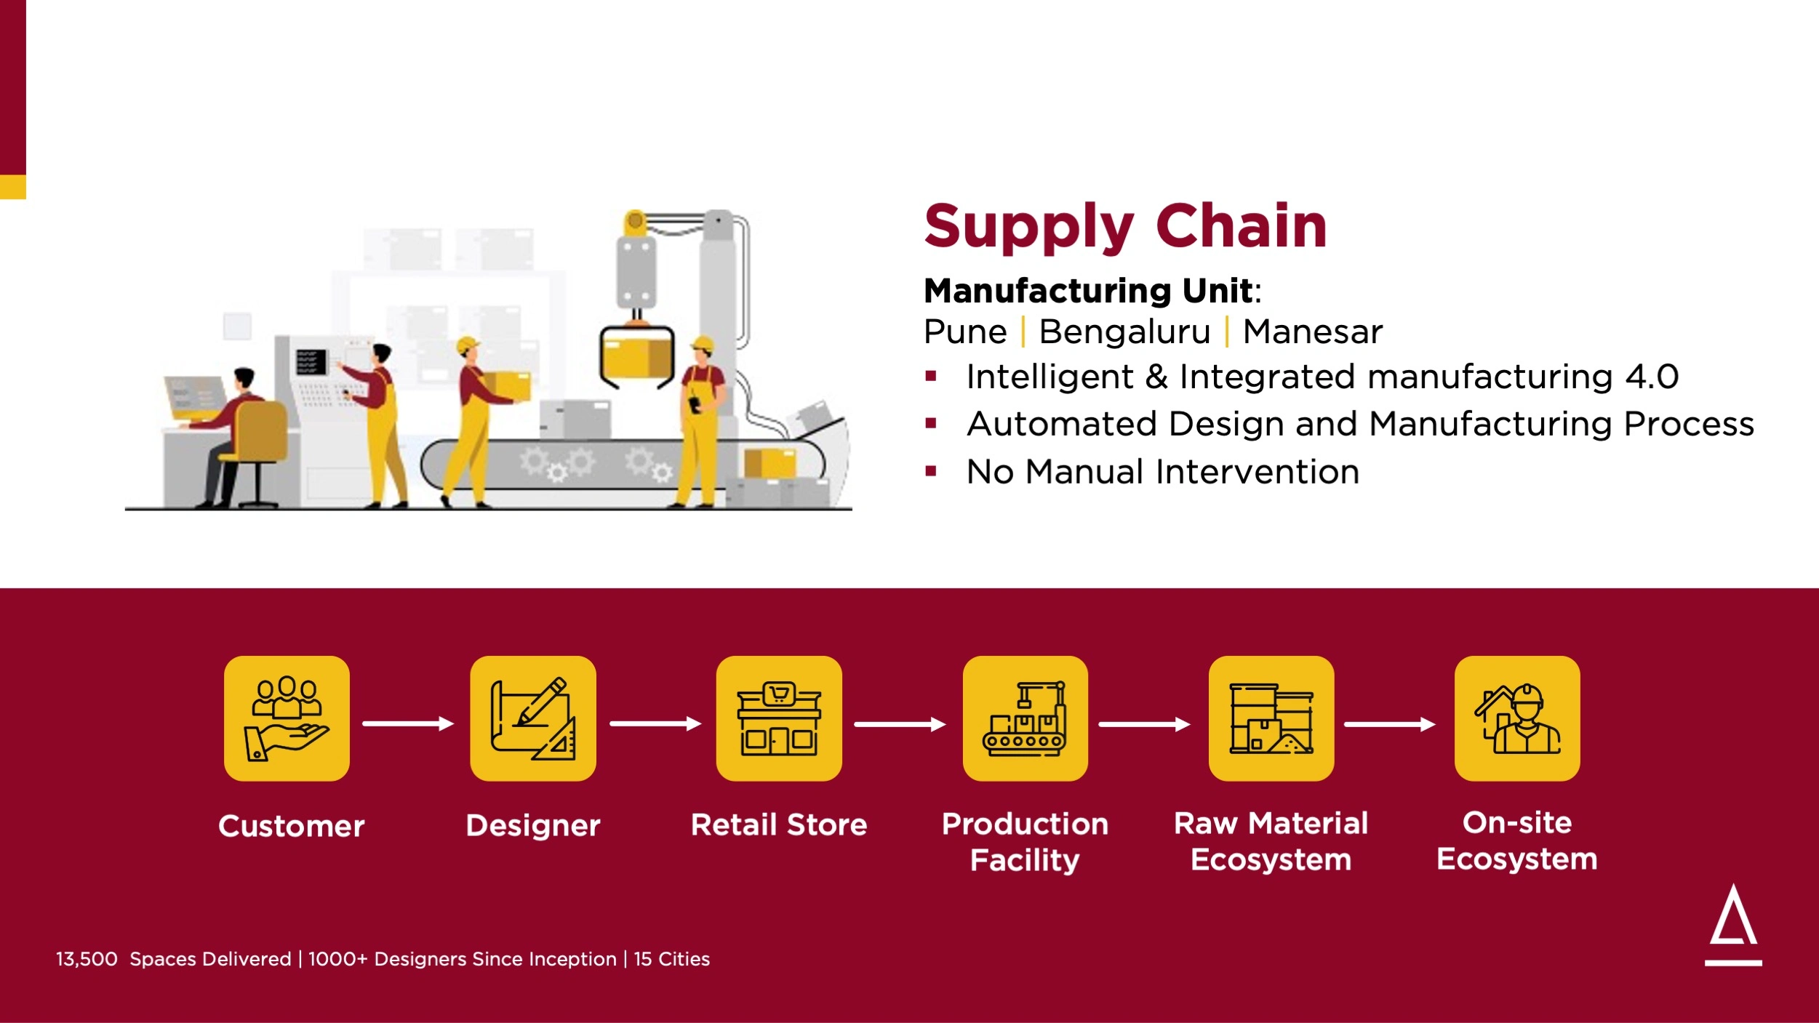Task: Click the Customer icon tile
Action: (287, 718)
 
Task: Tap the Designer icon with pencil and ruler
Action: (533, 718)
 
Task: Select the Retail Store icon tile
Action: (779, 718)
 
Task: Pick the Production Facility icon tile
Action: (1026, 718)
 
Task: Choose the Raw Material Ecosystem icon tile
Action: (1271, 718)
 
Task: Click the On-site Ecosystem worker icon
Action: (1517, 718)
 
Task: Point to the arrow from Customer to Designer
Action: (409, 723)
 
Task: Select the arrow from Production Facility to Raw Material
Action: (1145, 724)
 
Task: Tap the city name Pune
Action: (965, 332)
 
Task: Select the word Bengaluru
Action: (1124, 332)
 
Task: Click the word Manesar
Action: (1312, 332)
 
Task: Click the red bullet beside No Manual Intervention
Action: (930, 471)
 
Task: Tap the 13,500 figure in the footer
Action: (87, 959)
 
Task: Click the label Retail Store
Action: (779, 825)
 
